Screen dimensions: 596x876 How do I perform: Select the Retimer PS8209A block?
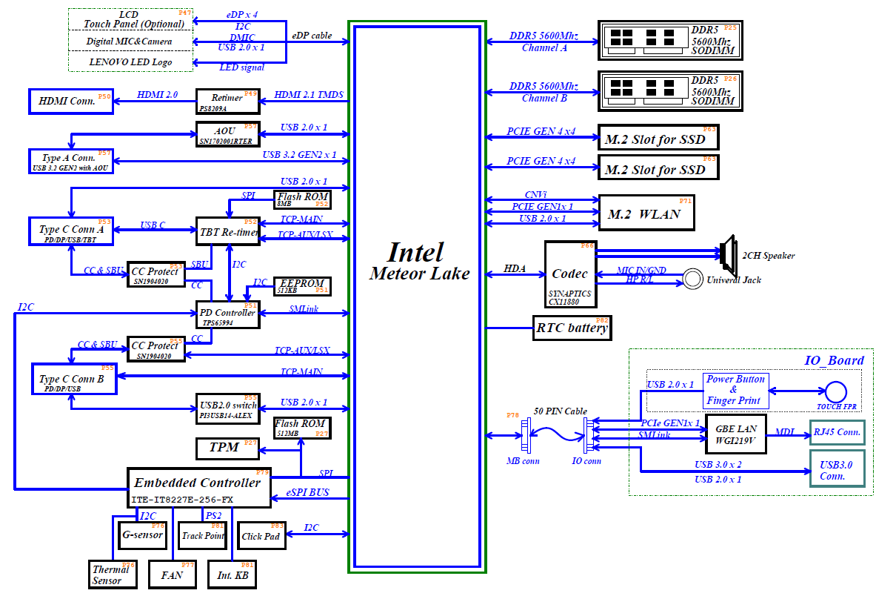(x=227, y=101)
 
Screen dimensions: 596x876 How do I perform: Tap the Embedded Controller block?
(x=198, y=487)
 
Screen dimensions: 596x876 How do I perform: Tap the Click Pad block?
(x=261, y=535)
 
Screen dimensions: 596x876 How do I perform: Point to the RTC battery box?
(x=572, y=328)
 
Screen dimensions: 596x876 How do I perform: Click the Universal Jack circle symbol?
(x=692, y=279)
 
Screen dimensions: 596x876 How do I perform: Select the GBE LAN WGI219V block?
(x=735, y=434)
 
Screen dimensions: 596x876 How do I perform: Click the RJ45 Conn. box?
(x=837, y=432)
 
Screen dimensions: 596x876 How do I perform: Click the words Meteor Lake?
(x=419, y=274)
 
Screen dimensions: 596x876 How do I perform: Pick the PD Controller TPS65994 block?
(x=227, y=317)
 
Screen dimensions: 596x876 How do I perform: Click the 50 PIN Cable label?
(x=560, y=411)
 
